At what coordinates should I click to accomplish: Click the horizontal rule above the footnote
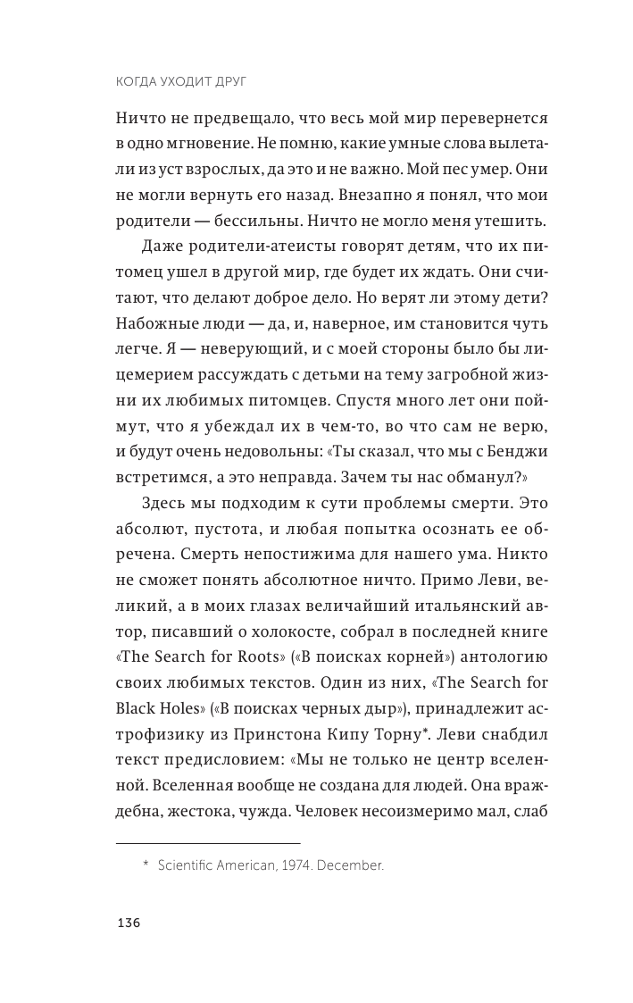click(x=208, y=843)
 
